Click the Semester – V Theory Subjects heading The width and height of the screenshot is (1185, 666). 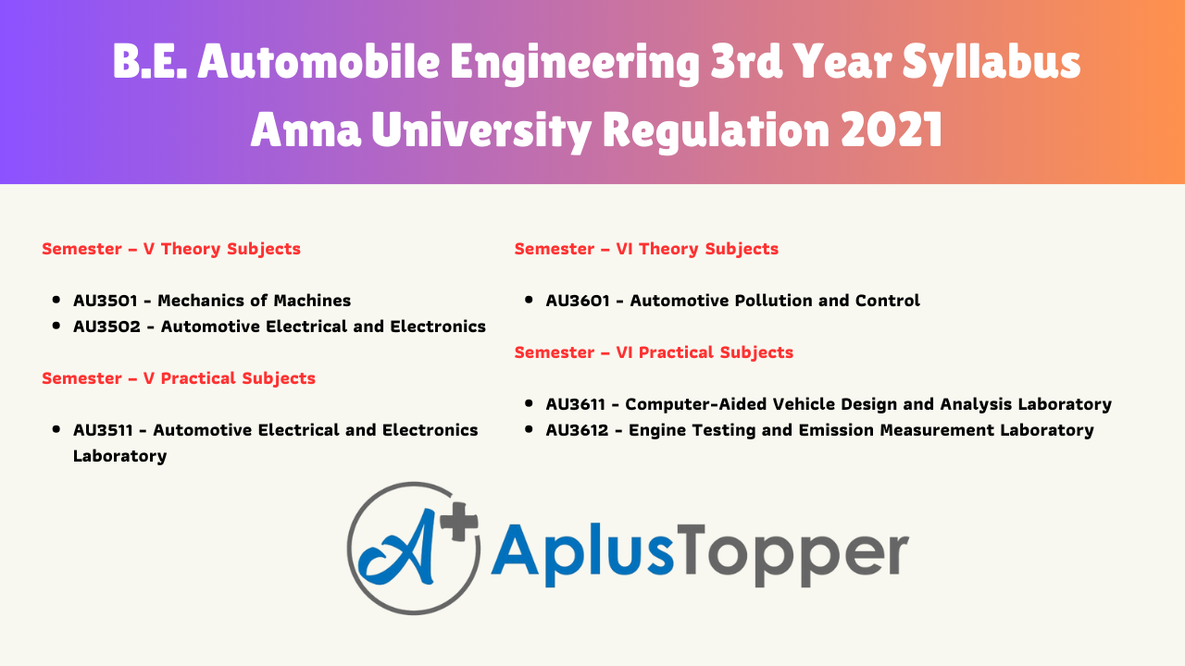(x=171, y=249)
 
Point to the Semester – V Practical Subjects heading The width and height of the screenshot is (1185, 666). (x=179, y=378)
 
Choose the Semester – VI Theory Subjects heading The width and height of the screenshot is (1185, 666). (x=646, y=249)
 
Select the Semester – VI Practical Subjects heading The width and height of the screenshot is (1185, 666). (x=654, y=352)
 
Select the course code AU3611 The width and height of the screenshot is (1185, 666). (x=580, y=404)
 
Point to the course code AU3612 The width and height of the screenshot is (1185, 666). (x=581, y=430)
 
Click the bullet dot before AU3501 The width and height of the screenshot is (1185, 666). (x=56, y=301)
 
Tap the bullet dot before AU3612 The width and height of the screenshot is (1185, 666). (x=528, y=430)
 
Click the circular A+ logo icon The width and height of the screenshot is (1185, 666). (x=414, y=548)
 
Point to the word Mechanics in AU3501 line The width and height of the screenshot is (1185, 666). (x=204, y=301)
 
